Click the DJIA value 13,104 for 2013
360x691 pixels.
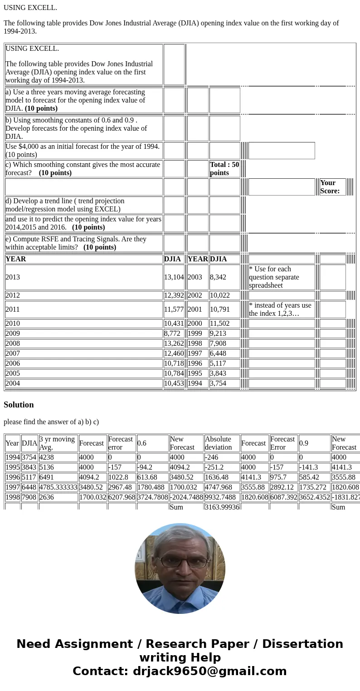(x=174, y=277)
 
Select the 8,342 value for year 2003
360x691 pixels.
(x=218, y=277)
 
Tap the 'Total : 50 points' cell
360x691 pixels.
(x=224, y=169)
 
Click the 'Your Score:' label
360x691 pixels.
(x=330, y=187)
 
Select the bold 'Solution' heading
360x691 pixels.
(x=19, y=405)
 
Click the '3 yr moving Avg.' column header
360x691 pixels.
(x=57, y=443)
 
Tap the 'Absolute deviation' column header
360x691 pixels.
(x=218, y=443)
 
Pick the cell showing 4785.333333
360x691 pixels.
(x=58, y=487)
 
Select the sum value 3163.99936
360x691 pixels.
(x=222, y=506)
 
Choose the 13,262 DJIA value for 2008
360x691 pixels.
(x=174, y=343)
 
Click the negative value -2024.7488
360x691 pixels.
(x=186, y=497)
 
